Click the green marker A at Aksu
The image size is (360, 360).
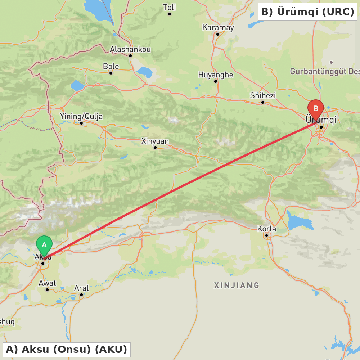click(44, 245)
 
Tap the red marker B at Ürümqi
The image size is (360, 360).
click(316, 108)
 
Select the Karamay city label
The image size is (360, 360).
click(218, 27)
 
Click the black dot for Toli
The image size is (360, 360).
click(170, 14)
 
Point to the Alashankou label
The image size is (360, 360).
click(130, 49)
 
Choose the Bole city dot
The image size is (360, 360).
click(111, 73)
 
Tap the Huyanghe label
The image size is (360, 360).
click(216, 75)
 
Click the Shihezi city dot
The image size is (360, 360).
click(263, 102)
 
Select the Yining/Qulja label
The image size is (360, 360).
click(81, 116)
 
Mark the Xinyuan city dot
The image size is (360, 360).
click(155, 147)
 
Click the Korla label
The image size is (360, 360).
click(267, 229)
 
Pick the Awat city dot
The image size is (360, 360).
click(47, 290)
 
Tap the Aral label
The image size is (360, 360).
click(81, 288)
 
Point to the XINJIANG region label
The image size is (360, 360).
click(237, 285)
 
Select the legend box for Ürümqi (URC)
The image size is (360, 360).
click(307, 12)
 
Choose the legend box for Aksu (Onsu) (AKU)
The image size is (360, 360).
click(67, 349)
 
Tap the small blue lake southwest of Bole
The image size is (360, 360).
click(77, 86)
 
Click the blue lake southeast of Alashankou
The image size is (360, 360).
click(145, 72)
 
